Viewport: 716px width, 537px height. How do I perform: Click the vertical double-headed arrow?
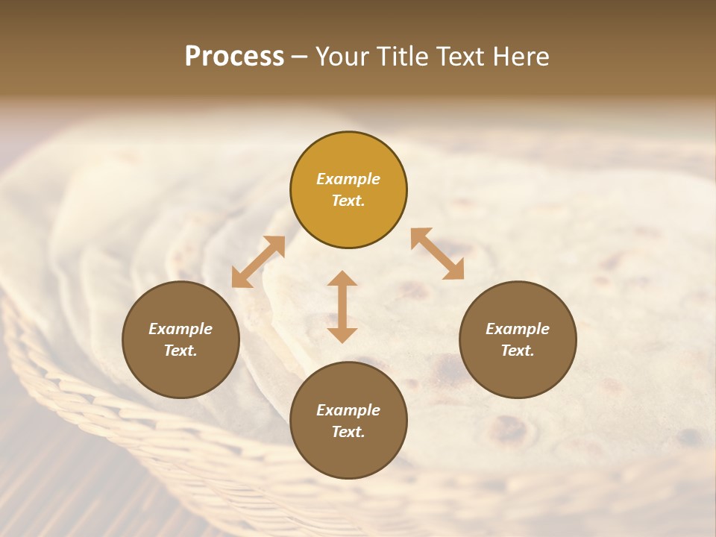pyautogui.click(x=342, y=307)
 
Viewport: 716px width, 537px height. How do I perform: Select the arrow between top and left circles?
pyautogui.click(x=258, y=262)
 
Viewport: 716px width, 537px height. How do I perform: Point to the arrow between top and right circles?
pyautogui.click(x=437, y=254)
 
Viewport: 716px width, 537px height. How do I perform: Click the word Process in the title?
pyautogui.click(x=234, y=57)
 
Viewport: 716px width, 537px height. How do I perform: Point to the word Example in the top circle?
pyautogui.click(x=348, y=179)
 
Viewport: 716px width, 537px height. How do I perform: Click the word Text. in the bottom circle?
pyautogui.click(x=348, y=432)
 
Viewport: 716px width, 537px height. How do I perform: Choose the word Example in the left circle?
pyautogui.click(x=180, y=329)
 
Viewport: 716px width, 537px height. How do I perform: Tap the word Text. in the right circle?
pyautogui.click(x=518, y=351)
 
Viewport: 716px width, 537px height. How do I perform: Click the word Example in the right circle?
pyautogui.click(x=518, y=329)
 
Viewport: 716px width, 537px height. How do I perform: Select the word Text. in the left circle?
pyautogui.click(x=180, y=351)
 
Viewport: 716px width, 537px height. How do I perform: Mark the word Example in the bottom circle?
pyautogui.click(x=348, y=410)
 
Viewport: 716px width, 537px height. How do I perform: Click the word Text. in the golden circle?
pyautogui.click(x=348, y=201)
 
